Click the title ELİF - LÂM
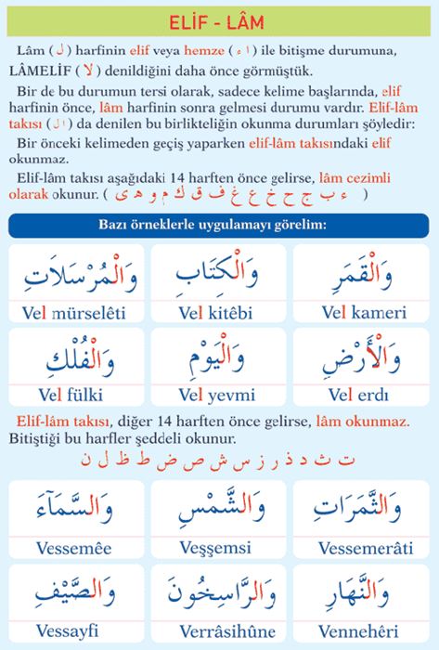[219, 19]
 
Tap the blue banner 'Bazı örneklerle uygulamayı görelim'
[219, 226]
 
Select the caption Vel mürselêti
[70, 307]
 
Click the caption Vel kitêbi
[216, 307]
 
